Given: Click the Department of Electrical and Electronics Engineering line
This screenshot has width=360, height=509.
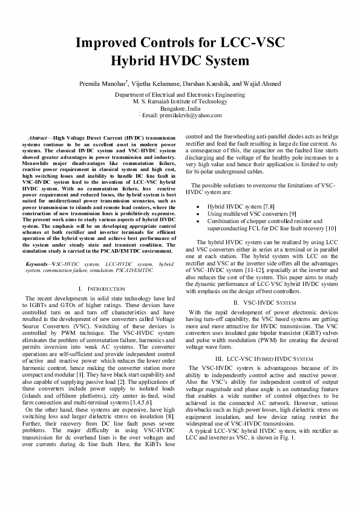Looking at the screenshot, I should click(180, 96).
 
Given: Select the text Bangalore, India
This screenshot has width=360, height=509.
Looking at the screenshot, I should click(180, 109).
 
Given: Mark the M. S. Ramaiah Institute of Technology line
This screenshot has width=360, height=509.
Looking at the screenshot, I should click(180, 102).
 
